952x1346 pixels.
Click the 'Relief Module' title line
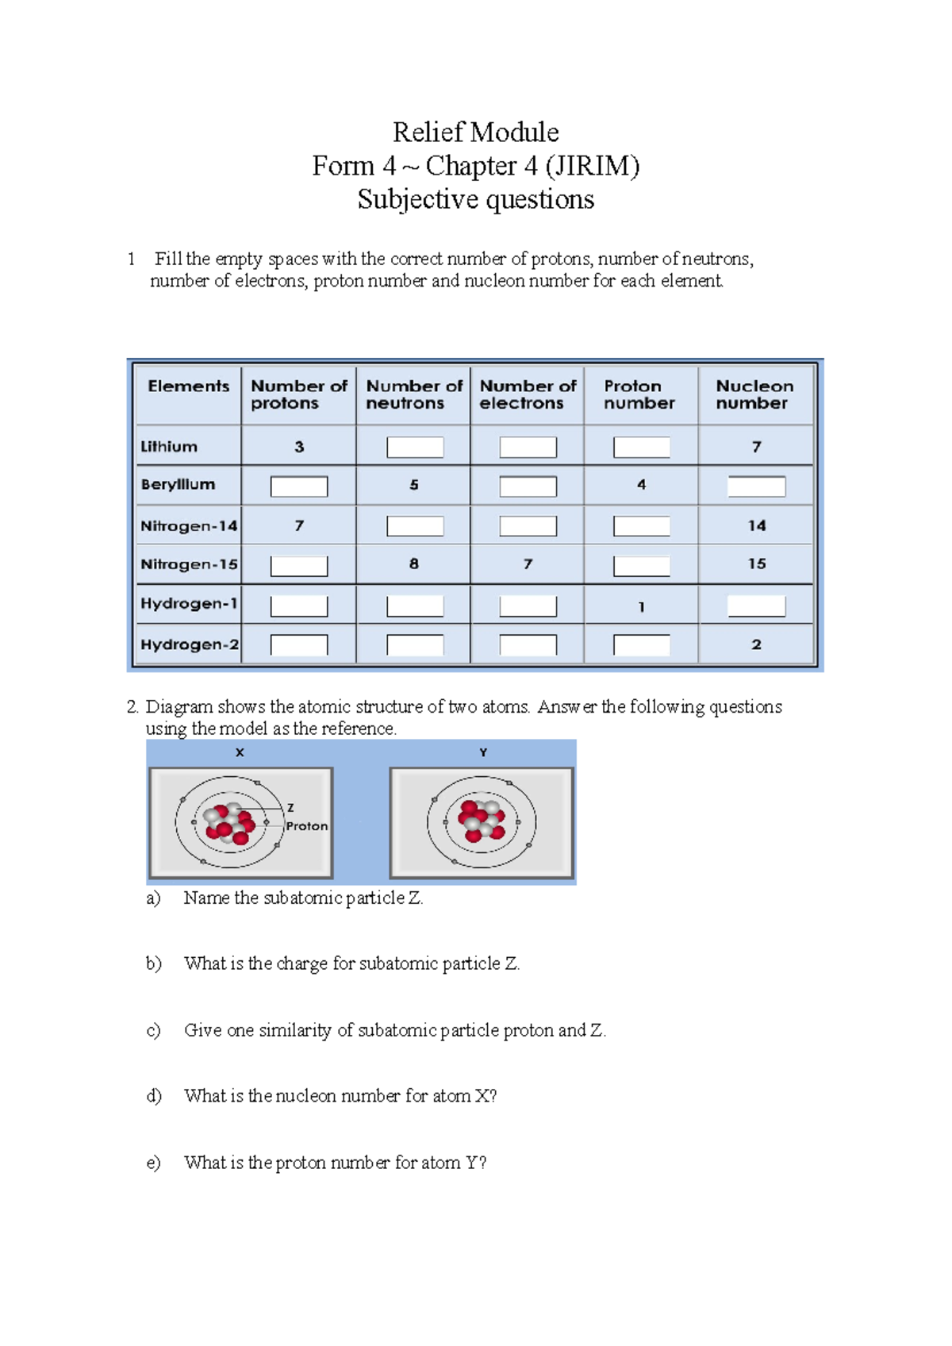[475, 132]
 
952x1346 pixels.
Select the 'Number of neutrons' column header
[413, 394]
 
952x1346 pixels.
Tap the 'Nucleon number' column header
[754, 394]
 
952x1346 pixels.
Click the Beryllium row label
[178, 484]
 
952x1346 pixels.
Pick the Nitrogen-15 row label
[189, 564]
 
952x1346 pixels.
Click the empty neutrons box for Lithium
[415, 448]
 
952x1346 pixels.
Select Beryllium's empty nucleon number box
[756, 486]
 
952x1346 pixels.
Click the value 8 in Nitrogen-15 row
[414, 563]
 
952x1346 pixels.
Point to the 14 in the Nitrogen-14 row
[756, 525]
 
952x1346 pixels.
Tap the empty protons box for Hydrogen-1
[299, 606]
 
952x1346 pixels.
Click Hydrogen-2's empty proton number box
[642, 645]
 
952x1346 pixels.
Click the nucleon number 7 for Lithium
[756, 447]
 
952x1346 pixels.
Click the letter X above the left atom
[240, 752]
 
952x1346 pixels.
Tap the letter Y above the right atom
[483, 752]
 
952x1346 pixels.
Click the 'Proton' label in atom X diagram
[307, 826]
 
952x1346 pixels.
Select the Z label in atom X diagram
[290, 808]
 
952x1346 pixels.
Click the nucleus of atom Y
[482, 821]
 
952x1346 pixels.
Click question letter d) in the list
[153, 1096]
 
